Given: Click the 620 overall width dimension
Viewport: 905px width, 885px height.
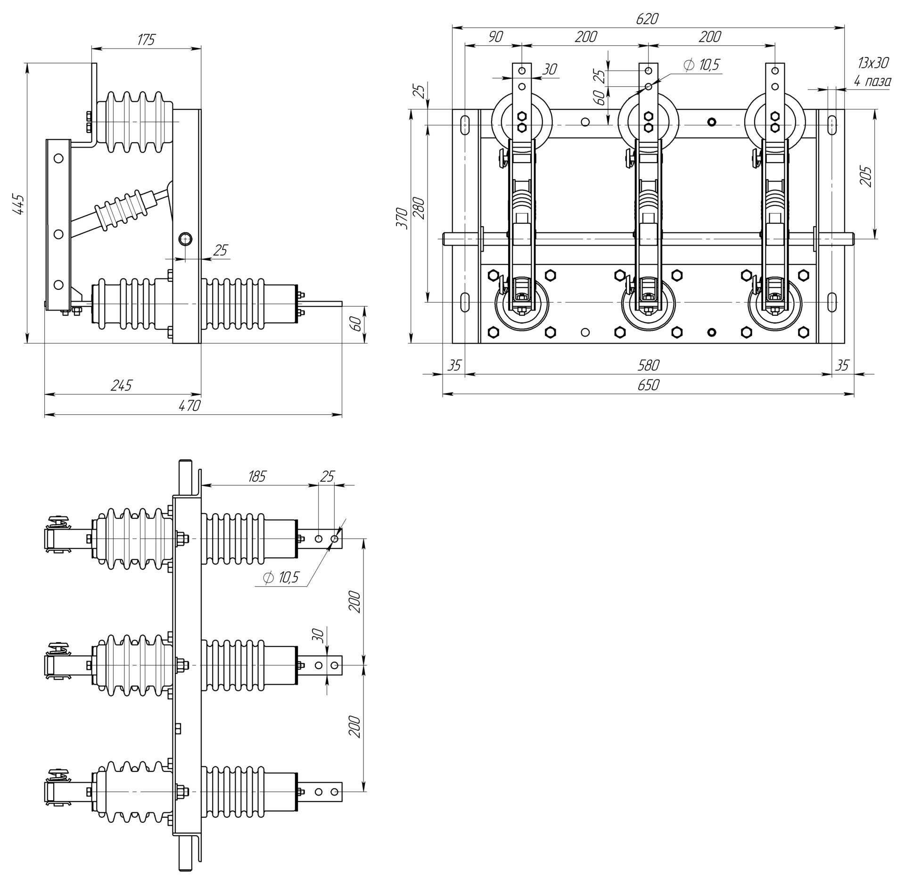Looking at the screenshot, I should point(648,19).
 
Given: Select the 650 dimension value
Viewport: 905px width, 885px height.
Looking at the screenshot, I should point(648,385).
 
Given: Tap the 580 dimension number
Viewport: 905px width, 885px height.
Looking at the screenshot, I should point(648,364).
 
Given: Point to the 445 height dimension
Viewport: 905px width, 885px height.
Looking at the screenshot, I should point(19,204).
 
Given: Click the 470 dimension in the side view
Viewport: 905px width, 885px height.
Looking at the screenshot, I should point(190,406).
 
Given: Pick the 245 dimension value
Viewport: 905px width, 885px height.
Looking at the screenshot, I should point(122,385).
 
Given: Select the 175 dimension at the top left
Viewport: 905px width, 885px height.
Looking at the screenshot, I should point(146,40).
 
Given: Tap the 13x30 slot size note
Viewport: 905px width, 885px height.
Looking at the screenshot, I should point(873,63).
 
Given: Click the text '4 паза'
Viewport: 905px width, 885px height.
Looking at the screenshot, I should point(872,82).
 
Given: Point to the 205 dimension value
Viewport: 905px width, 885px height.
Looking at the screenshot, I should point(866,176).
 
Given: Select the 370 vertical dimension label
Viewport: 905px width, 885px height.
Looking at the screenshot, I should point(402,218).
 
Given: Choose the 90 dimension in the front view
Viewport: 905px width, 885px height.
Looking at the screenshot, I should point(495,37).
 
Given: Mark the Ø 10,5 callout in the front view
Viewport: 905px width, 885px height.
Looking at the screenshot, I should point(701,65).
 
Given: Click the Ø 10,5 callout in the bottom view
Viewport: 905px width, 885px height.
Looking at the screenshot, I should point(281,577).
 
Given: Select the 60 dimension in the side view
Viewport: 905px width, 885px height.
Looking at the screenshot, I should point(356,324).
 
